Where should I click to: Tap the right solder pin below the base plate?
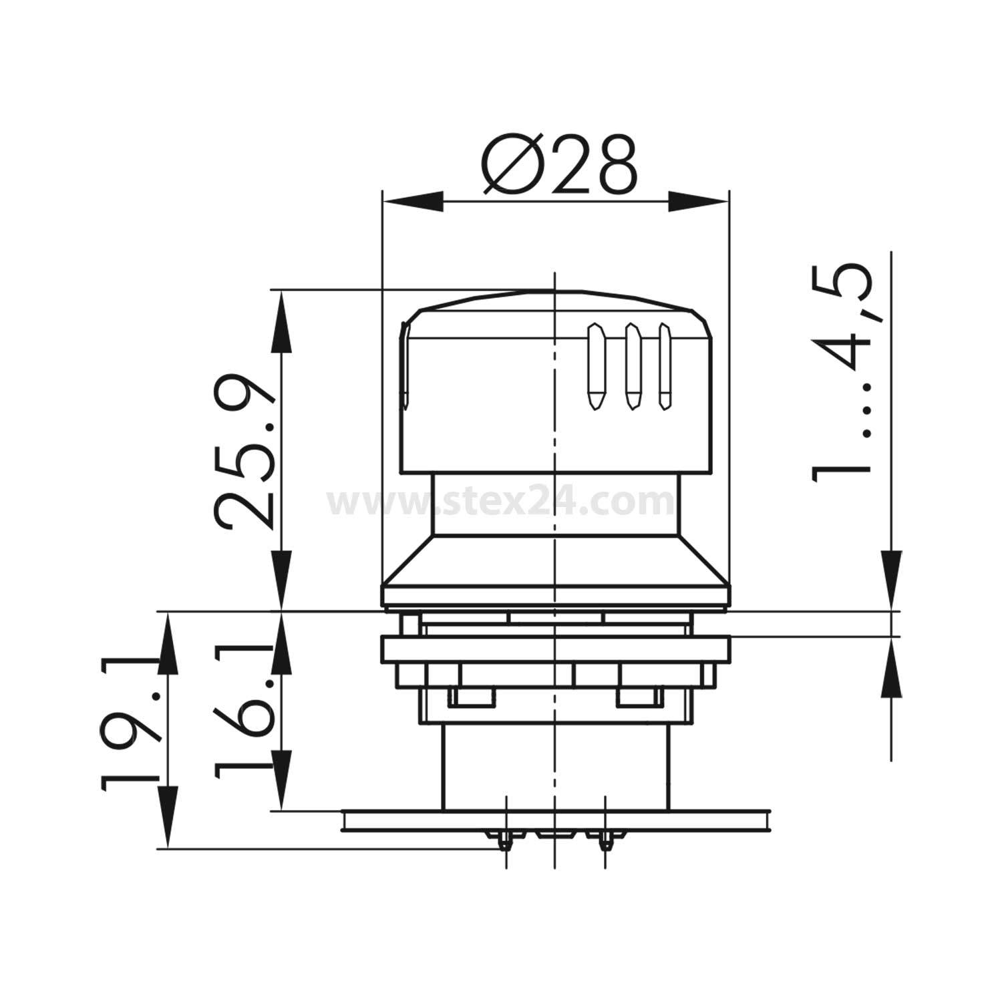[x=605, y=842]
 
